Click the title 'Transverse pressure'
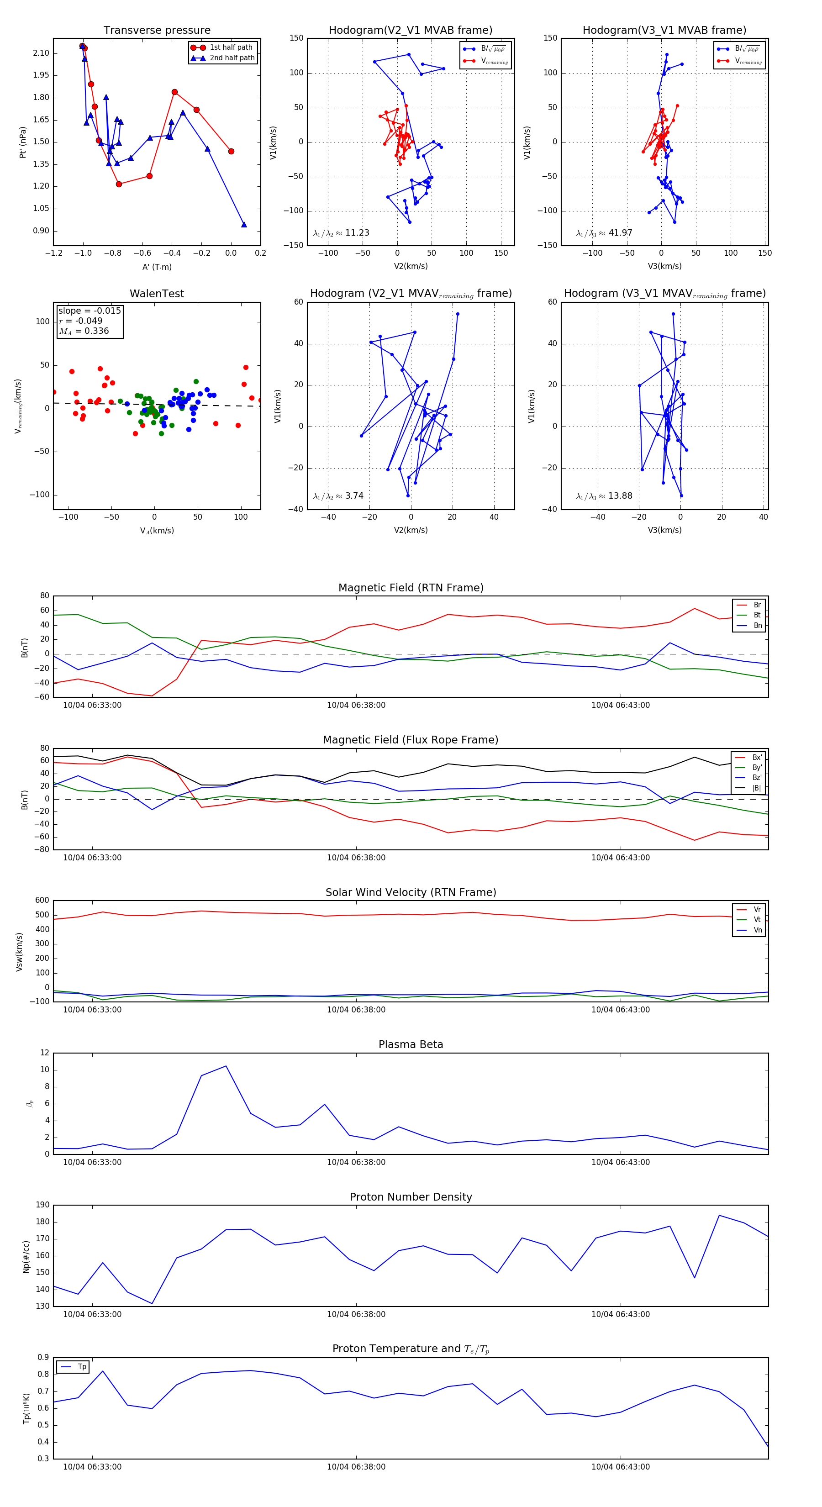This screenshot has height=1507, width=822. click(157, 31)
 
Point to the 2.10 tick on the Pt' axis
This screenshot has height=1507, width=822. click(41, 53)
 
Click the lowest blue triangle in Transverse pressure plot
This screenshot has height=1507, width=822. click(244, 225)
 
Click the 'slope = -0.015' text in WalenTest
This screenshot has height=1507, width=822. click(90, 311)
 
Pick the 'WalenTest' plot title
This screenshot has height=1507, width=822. click(157, 294)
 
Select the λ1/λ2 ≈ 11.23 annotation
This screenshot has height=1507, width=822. click(341, 233)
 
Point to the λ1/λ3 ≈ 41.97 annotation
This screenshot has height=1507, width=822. click(604, 233)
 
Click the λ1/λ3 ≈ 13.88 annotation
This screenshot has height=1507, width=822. click(604, 496)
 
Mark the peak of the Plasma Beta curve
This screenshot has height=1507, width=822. click(226, 1066)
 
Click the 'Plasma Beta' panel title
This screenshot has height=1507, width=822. click(411, 1044)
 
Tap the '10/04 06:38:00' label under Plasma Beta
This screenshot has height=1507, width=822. click(356, 1162)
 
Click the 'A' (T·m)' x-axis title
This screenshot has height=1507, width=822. click(157, 267)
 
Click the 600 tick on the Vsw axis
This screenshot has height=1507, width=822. click(42, 901)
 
